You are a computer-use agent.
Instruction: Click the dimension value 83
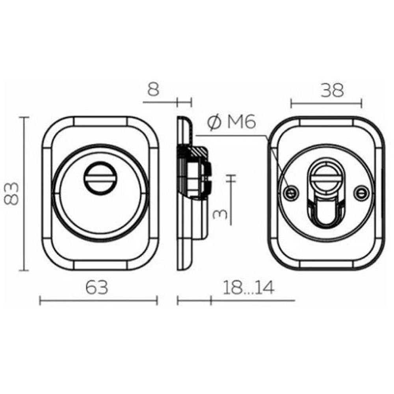[x=11, y=193]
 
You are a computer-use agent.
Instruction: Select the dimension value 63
[x=97, y=288]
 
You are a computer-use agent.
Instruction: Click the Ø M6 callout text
[x=231, y=123]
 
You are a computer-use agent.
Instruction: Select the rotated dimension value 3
[x=220, y=214]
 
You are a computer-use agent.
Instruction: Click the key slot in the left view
[x=100, y=178]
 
